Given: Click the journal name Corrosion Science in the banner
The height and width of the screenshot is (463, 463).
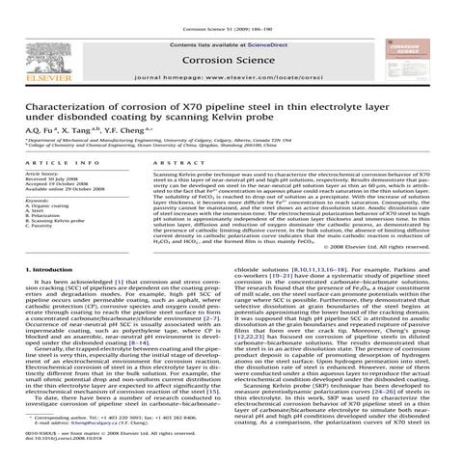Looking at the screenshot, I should pyautogui.click(x=231, y=58).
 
